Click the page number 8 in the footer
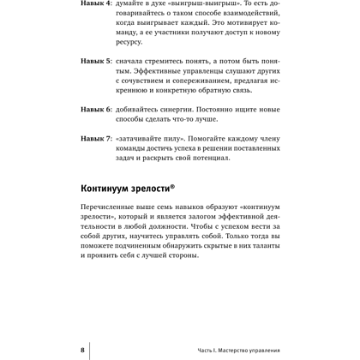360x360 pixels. tap(82, 351)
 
